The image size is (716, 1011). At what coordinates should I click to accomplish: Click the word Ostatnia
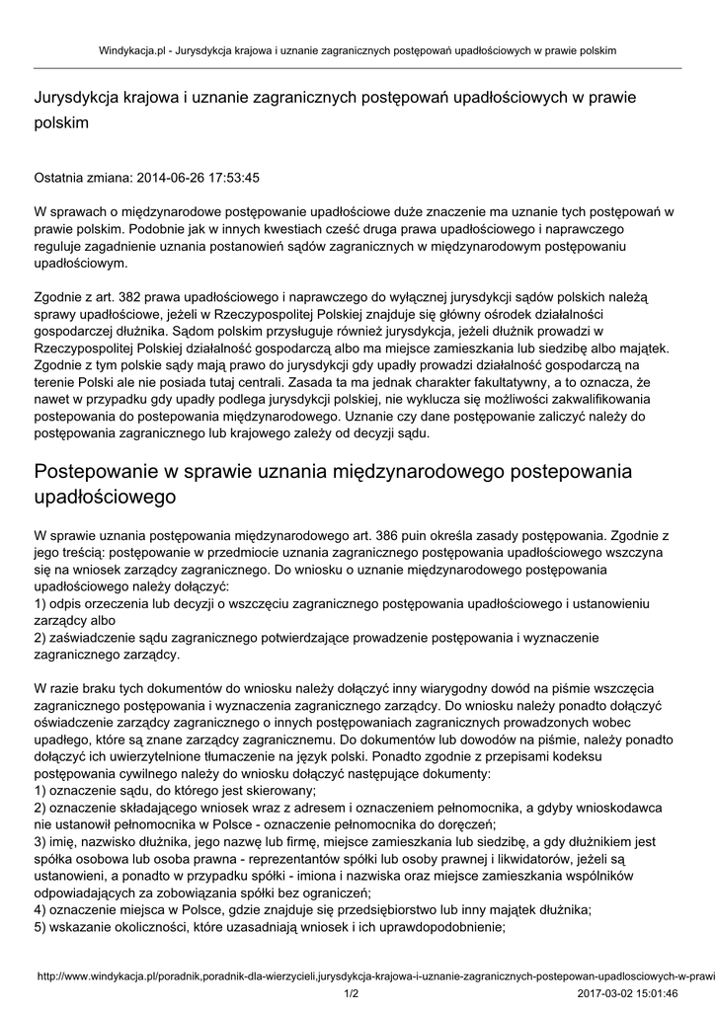coord(61,178)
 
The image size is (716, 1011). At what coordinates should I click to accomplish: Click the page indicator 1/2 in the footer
coord(351,993)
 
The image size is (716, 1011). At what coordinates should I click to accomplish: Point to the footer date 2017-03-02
coord(605,993)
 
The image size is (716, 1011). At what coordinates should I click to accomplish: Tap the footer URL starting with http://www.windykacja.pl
coord(375,975)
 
